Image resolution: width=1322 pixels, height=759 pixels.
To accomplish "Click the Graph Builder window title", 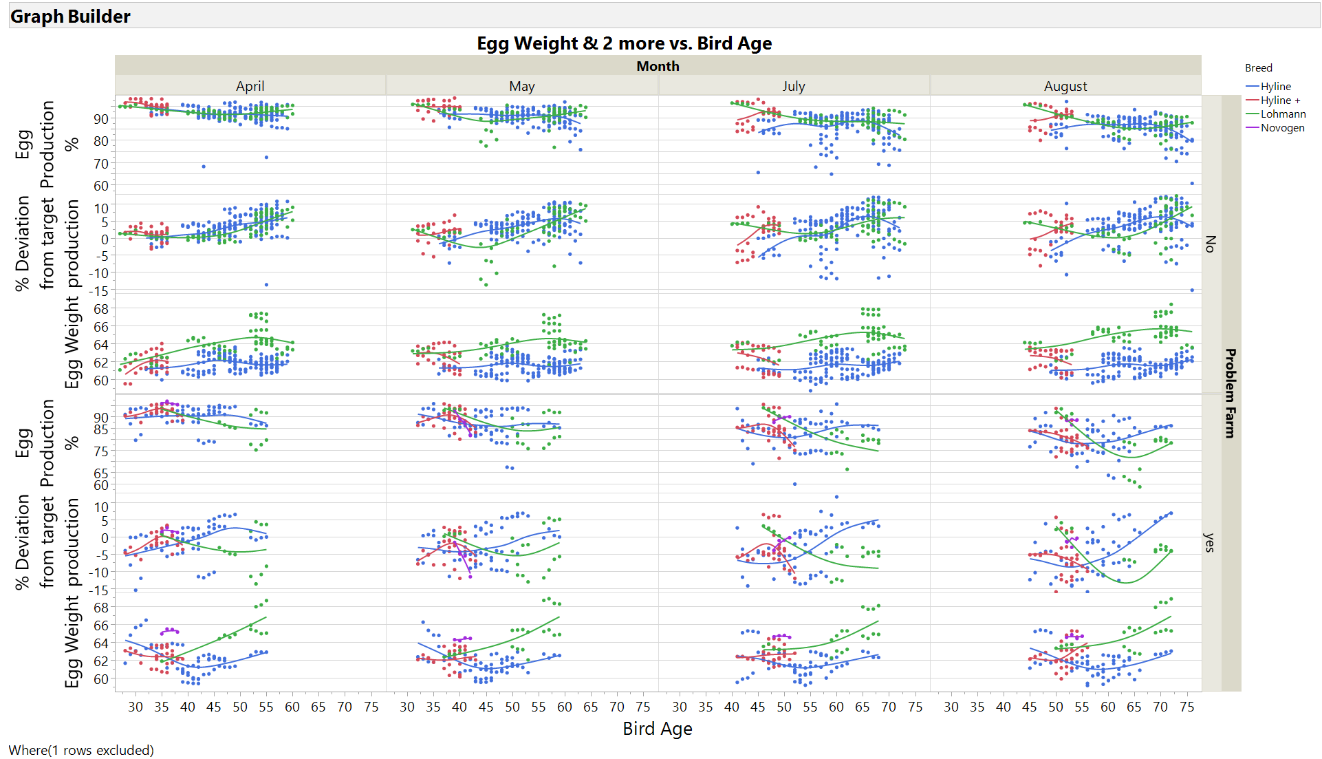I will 70,17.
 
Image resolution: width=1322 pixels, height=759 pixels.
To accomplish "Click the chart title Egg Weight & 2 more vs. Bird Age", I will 624,43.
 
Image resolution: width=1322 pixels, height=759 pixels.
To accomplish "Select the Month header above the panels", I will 658,66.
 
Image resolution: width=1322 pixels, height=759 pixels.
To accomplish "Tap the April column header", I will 250,86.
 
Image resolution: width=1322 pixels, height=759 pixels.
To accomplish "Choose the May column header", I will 521,86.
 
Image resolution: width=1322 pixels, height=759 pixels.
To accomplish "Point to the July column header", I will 793,86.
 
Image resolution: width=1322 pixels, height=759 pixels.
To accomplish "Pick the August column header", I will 1065,86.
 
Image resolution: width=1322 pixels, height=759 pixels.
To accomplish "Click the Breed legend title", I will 1258,67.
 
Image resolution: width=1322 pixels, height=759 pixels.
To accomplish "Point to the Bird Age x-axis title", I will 657,729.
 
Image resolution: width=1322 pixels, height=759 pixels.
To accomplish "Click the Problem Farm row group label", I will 1231,393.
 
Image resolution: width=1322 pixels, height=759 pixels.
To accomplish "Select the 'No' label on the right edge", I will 1211,244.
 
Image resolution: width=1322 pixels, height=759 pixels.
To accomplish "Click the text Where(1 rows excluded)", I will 81,750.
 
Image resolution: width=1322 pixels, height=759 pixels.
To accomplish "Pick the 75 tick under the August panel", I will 1186,707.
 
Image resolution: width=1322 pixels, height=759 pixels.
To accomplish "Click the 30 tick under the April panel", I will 136,707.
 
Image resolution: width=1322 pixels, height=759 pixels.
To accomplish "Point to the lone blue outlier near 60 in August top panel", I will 1192,183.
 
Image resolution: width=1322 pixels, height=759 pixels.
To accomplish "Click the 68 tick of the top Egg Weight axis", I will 101,309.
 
